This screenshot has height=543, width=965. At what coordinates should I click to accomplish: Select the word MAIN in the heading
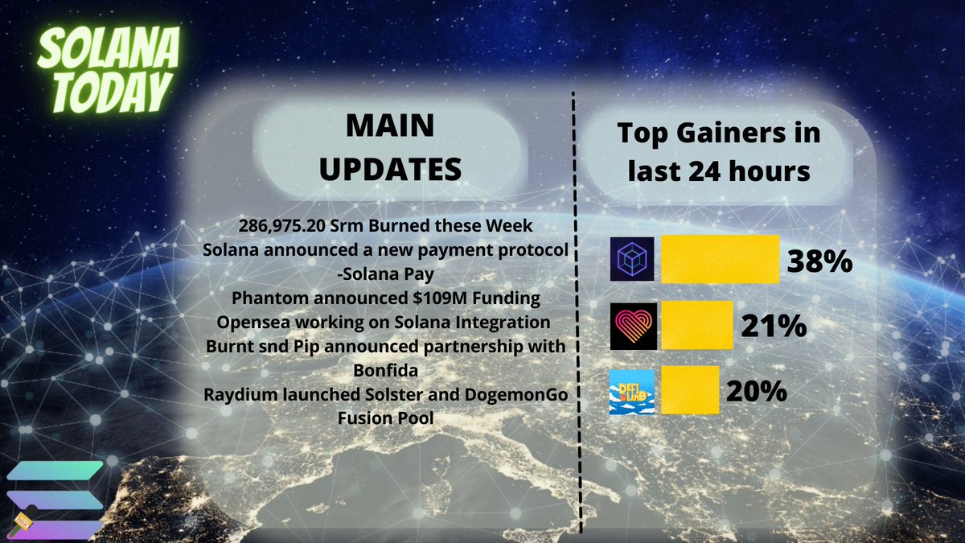click(x=388, y=126)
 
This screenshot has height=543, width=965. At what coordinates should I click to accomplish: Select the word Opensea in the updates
click(x=258, y=322)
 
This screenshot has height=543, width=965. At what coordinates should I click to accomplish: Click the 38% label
click(x=819, y=261)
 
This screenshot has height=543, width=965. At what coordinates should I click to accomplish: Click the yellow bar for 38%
click(x=720, y=259)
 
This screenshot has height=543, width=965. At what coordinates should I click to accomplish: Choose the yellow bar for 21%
click(x=696, y=326)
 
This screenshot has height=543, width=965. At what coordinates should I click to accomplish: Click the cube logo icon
click(x=633, y=259)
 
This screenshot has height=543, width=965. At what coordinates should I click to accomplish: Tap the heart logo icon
click(x=633, y=326)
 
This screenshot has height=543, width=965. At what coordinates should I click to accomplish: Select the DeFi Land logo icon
click(x=632, y=391)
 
